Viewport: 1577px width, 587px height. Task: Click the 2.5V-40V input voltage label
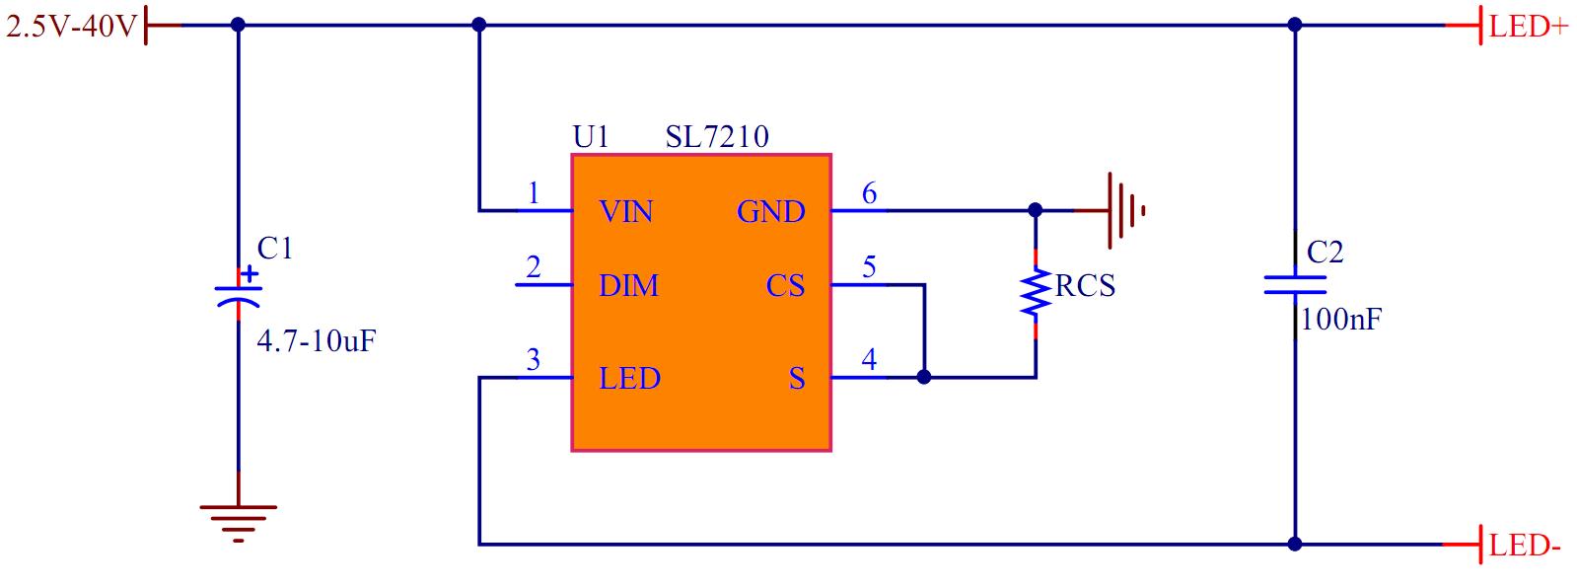coord(71,27)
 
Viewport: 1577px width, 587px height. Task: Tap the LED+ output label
coord(1528,27)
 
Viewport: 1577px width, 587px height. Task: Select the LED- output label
coord(1525,546)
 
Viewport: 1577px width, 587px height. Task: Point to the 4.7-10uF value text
coord(317,341)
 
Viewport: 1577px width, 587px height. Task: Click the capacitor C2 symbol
coord(1295,285)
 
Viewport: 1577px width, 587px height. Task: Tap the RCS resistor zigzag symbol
coord(1036,294)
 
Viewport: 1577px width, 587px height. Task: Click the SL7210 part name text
coord(717,137)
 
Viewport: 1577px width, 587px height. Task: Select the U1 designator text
coord(591,137)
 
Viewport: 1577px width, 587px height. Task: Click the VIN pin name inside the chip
coord(625,212)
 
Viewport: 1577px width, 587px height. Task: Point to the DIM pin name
coord(628,286)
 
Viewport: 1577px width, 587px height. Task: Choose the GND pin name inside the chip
coord(770,212)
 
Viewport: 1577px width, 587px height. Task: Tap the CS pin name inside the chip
coord(785,286)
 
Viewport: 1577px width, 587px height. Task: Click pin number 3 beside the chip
coord(534,360)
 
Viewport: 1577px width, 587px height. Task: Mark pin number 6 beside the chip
coord(869,193)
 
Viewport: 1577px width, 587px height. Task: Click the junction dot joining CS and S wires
coord(924,377)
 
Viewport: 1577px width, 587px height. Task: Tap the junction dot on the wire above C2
coord(1295,25)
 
